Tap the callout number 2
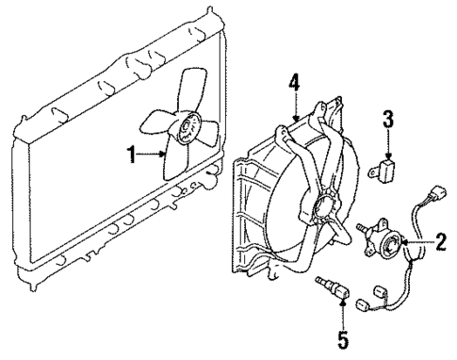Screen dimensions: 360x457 tap(438, 243)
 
